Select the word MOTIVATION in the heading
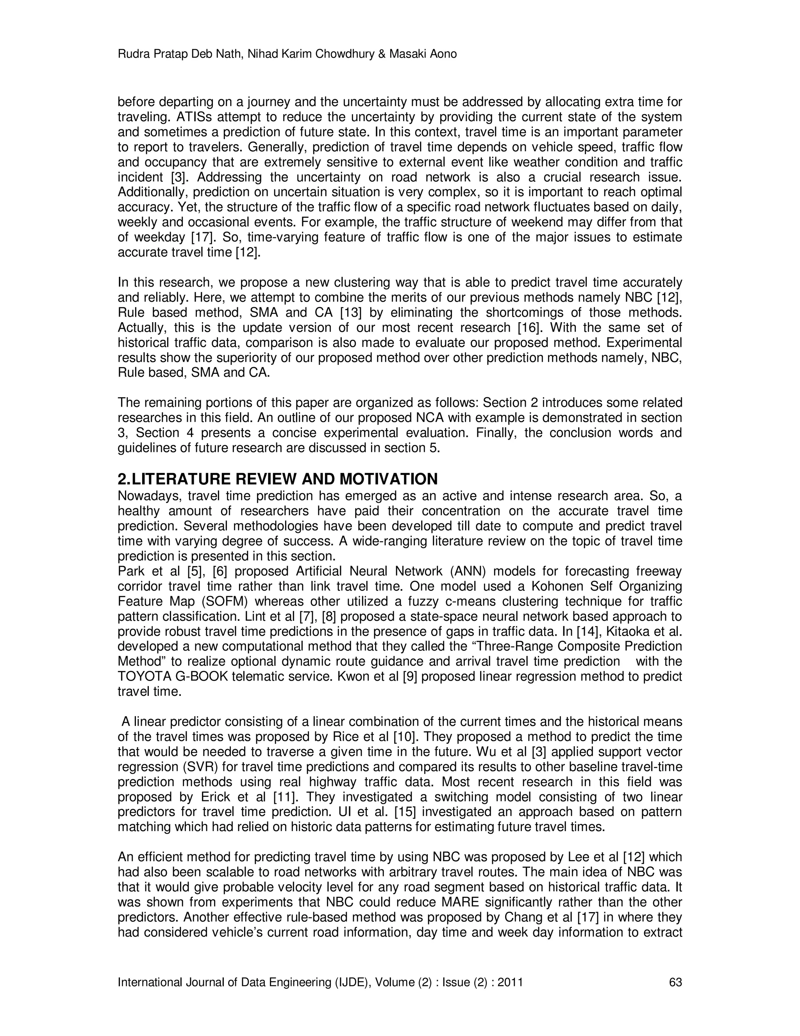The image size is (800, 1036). click(x=389, y=479)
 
